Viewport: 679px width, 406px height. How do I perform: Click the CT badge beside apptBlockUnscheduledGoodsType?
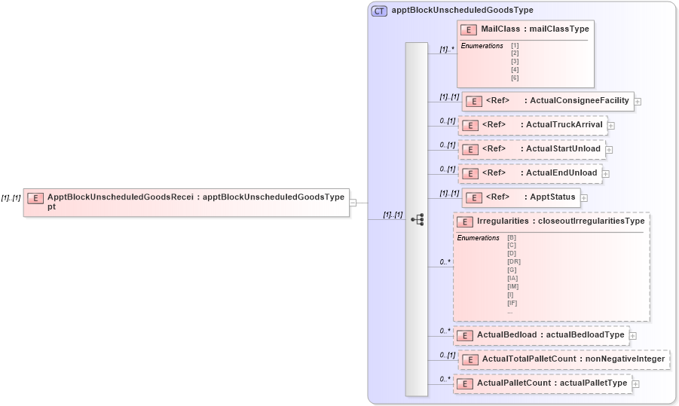click(379, 11)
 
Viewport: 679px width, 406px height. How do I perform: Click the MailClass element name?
click(502, 29)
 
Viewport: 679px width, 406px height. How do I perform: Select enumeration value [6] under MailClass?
click(515, 78)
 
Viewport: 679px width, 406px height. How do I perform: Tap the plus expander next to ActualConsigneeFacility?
click(638, 101)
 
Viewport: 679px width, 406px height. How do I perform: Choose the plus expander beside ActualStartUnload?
click(609, 149)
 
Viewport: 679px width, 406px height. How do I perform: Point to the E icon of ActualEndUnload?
click(470, 173)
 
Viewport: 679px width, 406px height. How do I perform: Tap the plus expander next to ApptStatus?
click(584, 198)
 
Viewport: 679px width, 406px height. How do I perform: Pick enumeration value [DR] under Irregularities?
click(514, 261)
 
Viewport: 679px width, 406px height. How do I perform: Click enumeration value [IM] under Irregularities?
click(513, 286)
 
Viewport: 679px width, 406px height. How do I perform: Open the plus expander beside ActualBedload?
click(633, 336)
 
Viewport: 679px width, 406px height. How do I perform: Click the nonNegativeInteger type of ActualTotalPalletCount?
click(625, 359)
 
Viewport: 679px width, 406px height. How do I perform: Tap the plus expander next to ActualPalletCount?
click(636, 384)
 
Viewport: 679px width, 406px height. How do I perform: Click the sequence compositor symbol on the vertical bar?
click(417, 219)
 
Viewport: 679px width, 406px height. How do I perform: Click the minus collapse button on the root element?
click(353, 202)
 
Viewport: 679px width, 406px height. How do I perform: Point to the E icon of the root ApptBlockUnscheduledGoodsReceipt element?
click(35, 198)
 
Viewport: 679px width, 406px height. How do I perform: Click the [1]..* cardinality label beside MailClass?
click(447, 50)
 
